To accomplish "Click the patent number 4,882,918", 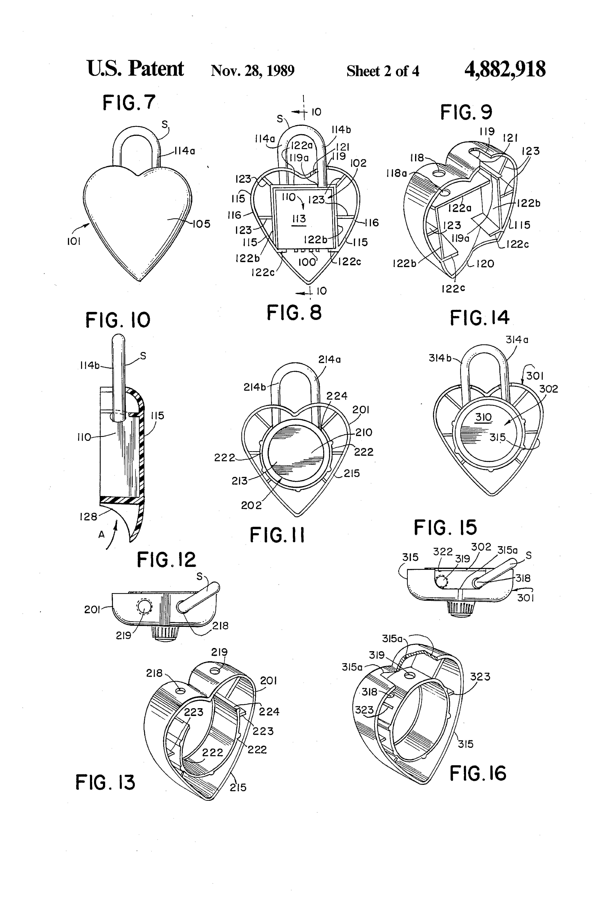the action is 505,70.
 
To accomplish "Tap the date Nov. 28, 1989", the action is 252,71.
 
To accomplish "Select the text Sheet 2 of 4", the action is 383,71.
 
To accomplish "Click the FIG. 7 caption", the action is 129,103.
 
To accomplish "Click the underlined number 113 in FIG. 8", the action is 299,219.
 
